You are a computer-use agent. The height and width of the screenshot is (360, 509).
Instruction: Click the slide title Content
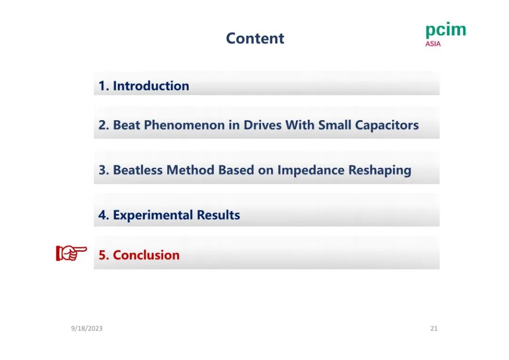pyautogui.click(x=255, y=38)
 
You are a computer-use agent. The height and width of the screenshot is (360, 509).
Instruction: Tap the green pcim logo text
pyautogui.click(x=446, y=30)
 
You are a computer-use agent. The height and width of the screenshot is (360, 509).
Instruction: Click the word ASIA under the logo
pyautogui.click(x=433, y=44)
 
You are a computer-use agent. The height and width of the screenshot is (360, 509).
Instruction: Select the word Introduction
pyautogui.click(x=151, y=86)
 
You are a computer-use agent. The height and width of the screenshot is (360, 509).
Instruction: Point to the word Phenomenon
pyautogui.click(x=184, y=125)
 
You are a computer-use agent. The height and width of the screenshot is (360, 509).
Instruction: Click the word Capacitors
pyautogui.click(x=386, y=125)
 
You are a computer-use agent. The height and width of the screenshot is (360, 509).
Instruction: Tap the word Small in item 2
pyautogui.click(x=334, y=125)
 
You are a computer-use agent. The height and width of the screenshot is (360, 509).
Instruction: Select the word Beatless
pyautogui.click(x=138, y=170)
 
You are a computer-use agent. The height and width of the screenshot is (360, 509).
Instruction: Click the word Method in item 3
pyautogui.click(x=190, y=170)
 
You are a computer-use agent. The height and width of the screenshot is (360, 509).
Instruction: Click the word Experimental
pyautogui.click(x=153, y=215)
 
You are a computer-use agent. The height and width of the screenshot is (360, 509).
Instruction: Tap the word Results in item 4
pyautogui.click(x=218, y=215)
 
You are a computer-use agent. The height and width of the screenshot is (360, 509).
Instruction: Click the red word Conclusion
pyautogui.click(x=146, y=255)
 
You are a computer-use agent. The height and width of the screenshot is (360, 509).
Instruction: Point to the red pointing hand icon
pyautogui.click(x=72, y=253)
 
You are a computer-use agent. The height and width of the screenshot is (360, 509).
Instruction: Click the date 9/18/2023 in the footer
pyautogui.click(x=87, y=328)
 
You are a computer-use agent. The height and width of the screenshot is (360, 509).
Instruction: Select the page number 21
pyautogui.click(x=434, y=328)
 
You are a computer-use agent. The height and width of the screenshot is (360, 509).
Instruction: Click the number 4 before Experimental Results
pyautogui.click(x=102, y=215)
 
